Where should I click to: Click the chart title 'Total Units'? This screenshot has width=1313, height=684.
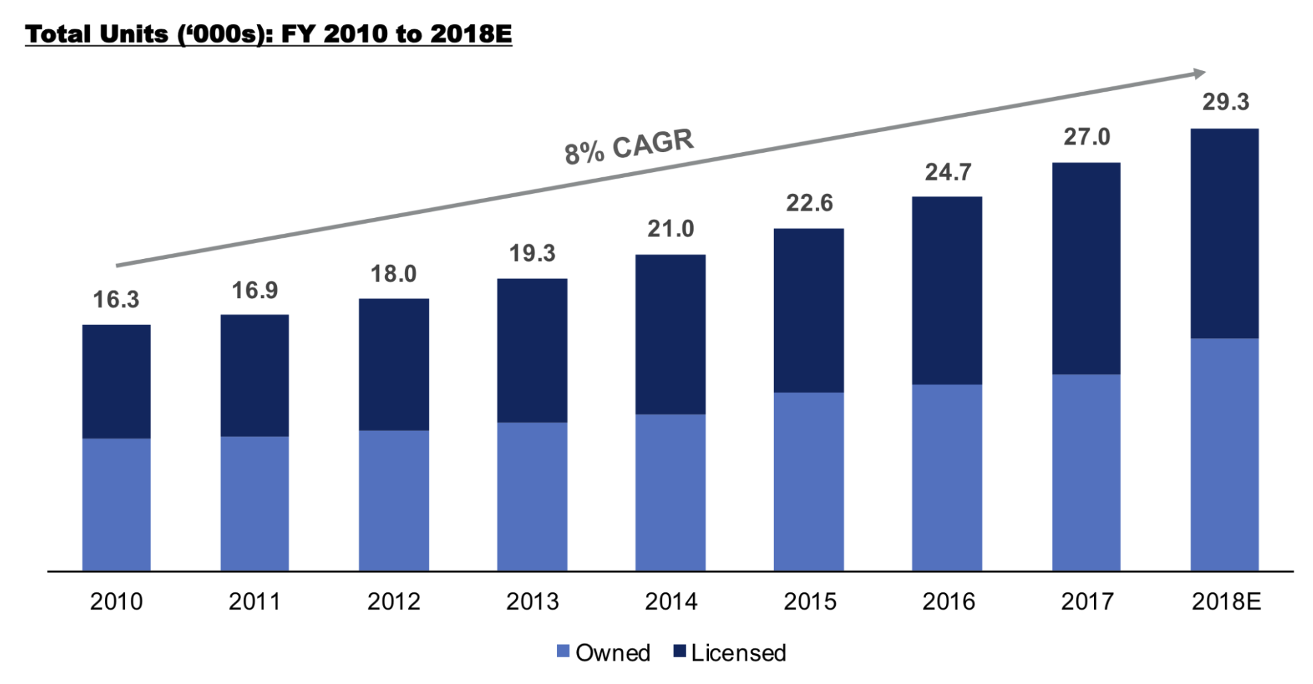pos(268,35)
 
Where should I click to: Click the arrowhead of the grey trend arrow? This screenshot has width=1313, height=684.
pos(1199,73)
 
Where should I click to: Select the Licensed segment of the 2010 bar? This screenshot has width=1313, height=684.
pos(116,381)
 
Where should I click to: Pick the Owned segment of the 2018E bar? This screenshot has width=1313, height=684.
pos(1224,454)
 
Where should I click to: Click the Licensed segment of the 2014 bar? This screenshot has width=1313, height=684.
pos(670,334)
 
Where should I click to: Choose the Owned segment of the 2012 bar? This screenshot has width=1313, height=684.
pos(394,500)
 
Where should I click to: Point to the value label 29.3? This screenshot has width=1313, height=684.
pos(1225,102)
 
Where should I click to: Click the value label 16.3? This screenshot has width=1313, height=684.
pos(116,299)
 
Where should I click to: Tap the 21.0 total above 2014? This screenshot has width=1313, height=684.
pos(670,229)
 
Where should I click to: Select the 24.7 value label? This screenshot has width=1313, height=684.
pos(948,173)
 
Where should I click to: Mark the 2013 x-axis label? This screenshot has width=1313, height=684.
pos(532,602)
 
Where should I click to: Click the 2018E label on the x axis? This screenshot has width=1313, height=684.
pos(1225,602)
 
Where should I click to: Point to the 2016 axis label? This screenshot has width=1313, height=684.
pos(948,602)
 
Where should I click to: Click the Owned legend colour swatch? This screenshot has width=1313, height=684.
pos(563,651)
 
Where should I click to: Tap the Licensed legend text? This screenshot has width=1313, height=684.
pos(738,653)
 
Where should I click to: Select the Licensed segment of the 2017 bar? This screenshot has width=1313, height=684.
pos(1086,268)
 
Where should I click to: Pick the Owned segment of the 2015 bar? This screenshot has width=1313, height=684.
pos(809,481)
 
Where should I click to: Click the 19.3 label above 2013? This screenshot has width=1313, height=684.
pos(532,254)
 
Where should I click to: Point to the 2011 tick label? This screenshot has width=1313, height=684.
pos(255,602)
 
